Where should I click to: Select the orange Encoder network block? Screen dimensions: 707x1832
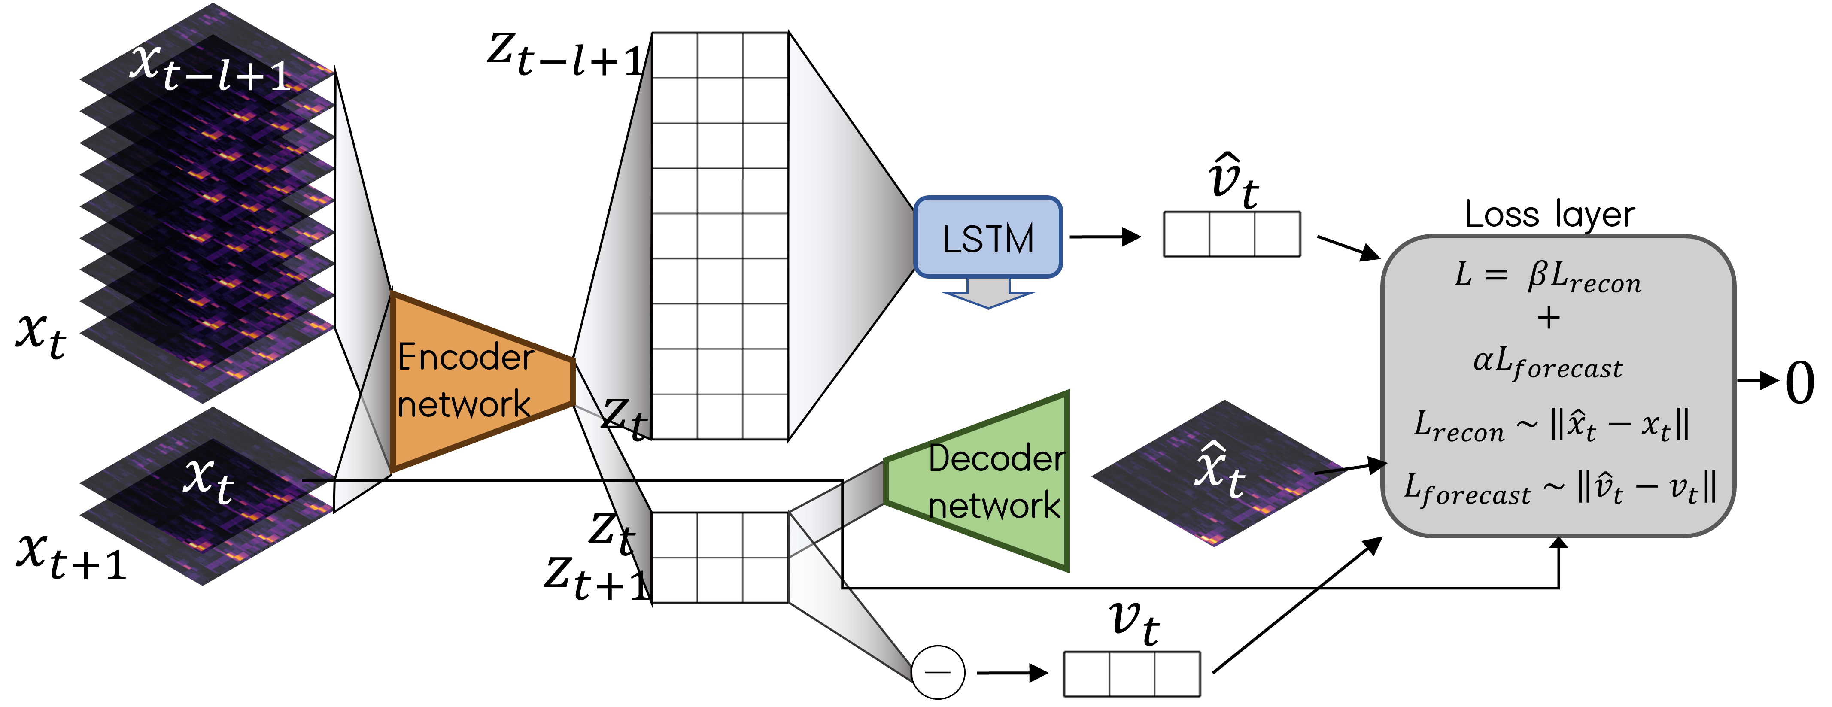[x=477, y=380]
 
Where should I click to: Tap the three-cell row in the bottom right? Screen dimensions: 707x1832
[x=1131, y=674]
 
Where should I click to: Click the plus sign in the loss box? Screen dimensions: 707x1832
[x=1548, y=318]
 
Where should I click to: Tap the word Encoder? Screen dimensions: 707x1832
[x=466, y=357]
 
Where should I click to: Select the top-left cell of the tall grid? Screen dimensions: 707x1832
[x=674, y=55]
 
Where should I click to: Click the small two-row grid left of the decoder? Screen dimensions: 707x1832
[x=720, y=557]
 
